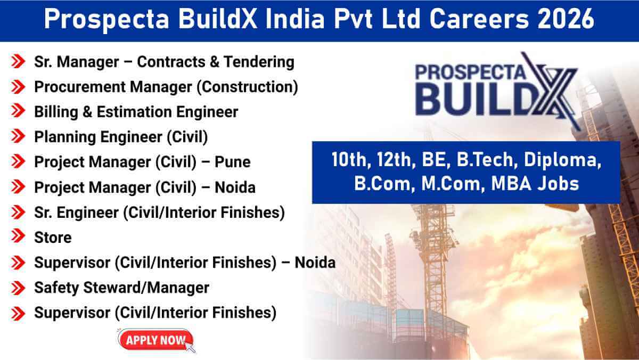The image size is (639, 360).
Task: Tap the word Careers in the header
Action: click(x=479, y=19)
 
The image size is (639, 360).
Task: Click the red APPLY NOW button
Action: click(x=155, y=340)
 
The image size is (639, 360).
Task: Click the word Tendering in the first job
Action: click(x=259, y=62)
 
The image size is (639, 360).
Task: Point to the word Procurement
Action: click(x=80, y=87)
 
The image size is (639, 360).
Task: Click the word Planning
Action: click(x=65, y=137)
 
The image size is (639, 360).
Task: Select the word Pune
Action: click(x=233, y=162)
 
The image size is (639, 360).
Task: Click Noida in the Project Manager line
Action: click(x=235, y=187)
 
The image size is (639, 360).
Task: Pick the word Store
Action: click(x=53, y=238)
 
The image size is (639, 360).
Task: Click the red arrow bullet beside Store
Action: click(x=18, y=236)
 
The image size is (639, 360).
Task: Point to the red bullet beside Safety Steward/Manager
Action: click(x=18, y=288)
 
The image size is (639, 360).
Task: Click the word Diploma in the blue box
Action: click(x=562, y=160)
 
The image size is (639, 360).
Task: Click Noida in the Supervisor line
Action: click(x=315, y=263)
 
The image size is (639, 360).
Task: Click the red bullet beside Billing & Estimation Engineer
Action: click(x=18, y=111)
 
